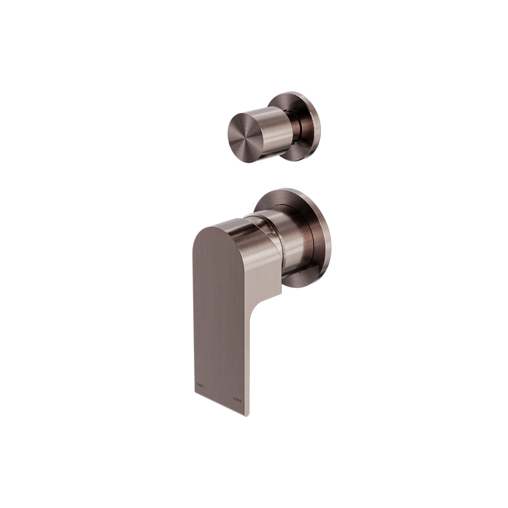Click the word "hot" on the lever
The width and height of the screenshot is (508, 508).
(199, 385)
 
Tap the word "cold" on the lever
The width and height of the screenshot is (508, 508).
(237, 400)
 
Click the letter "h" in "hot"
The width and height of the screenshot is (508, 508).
(198, 385)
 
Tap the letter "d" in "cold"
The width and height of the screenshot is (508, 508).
(240, 400)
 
